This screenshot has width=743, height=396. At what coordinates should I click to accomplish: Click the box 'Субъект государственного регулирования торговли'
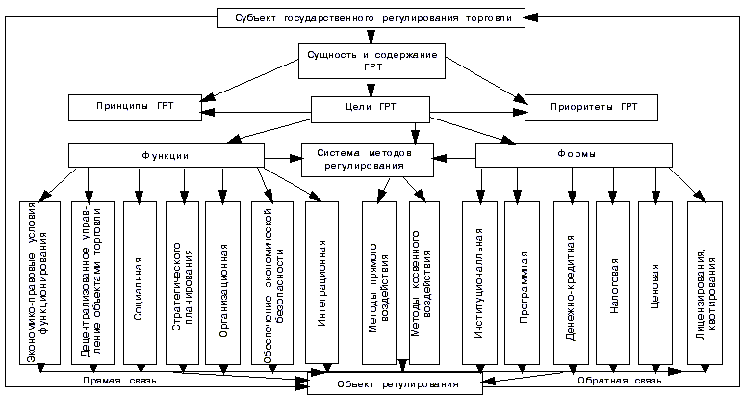(x=371, y=17)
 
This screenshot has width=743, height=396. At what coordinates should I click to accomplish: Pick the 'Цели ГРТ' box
(x=371, y=106)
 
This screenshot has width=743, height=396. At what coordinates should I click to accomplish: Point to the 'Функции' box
(x=166, y=155)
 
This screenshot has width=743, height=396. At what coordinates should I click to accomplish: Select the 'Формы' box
(x=574, y=155)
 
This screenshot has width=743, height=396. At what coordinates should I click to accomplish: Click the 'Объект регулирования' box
(x=396, y=383)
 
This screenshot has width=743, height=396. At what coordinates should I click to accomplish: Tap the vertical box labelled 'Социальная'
(x=140, y=284)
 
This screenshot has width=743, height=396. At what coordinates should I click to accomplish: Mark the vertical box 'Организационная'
(x=223, y=284)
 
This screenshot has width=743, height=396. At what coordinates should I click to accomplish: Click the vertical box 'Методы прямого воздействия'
(x=379, y=284)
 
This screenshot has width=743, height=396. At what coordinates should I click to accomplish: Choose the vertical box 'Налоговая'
(x=613, y=284)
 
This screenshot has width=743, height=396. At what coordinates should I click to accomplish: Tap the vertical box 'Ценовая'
(x=654, y=284)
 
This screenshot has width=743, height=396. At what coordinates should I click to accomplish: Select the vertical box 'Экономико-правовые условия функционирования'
(x=40, y=284)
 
